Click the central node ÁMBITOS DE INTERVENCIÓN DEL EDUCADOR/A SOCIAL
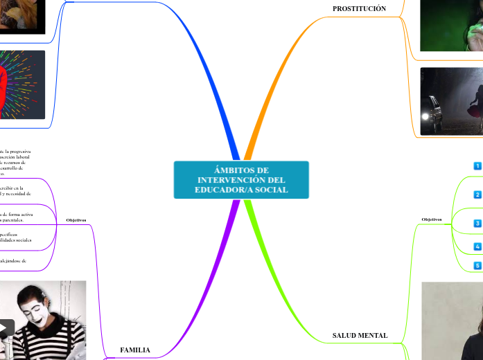click(241, 180)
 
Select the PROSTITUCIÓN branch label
click(359, 8)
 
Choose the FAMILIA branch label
click(135, 350)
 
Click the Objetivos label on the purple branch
click(76, 220)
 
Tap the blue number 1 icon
click(477, 166)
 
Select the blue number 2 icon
click(477, 195)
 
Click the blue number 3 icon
click(477, 224)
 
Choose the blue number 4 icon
click(477, 246)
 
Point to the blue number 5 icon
click(477, 265)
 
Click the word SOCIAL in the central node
click(272, 190)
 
